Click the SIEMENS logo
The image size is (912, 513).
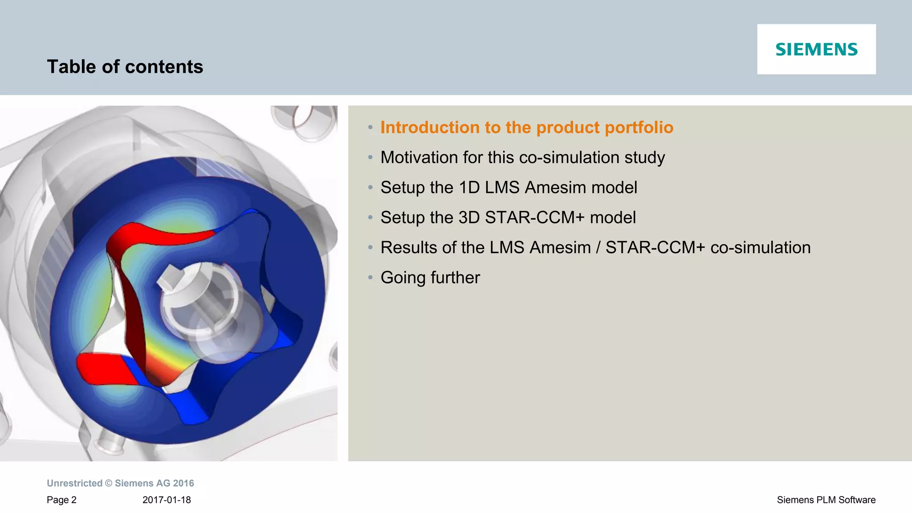(x=816, y=49)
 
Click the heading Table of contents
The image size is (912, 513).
(x=125, y=67)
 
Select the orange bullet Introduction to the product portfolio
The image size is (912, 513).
(x=526, y=127)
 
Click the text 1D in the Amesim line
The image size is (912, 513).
(x=469, y=188)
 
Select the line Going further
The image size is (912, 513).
(x=430, y=278)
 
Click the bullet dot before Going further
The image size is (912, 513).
(x=370, y=278)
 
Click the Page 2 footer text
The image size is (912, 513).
(x=61, y=500)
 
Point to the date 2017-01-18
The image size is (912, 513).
(x=167, y=500)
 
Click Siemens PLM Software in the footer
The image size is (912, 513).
(x=826, y=500)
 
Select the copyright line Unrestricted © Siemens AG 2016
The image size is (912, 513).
(x=120, y=483)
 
